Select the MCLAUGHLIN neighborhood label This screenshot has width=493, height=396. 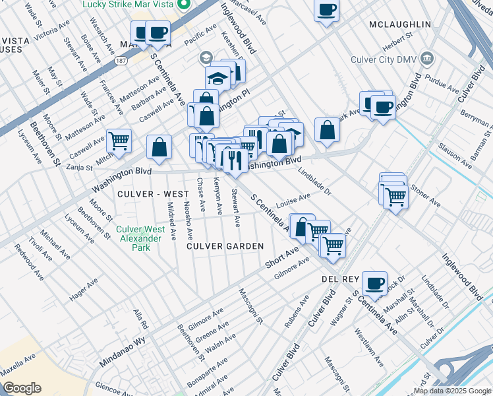click(399, 24)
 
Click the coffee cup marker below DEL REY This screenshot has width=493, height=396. click(374, 282)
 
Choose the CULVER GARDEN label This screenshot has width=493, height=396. click(225, 246)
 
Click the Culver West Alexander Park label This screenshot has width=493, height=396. click(138, 238)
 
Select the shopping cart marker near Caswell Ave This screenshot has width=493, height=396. click(119, 140)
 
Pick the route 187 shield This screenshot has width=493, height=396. click(123, 61)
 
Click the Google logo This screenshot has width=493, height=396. click(22, 388)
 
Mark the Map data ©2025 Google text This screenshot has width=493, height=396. click(452, 391)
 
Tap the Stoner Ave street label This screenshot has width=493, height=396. click(425, 196)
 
